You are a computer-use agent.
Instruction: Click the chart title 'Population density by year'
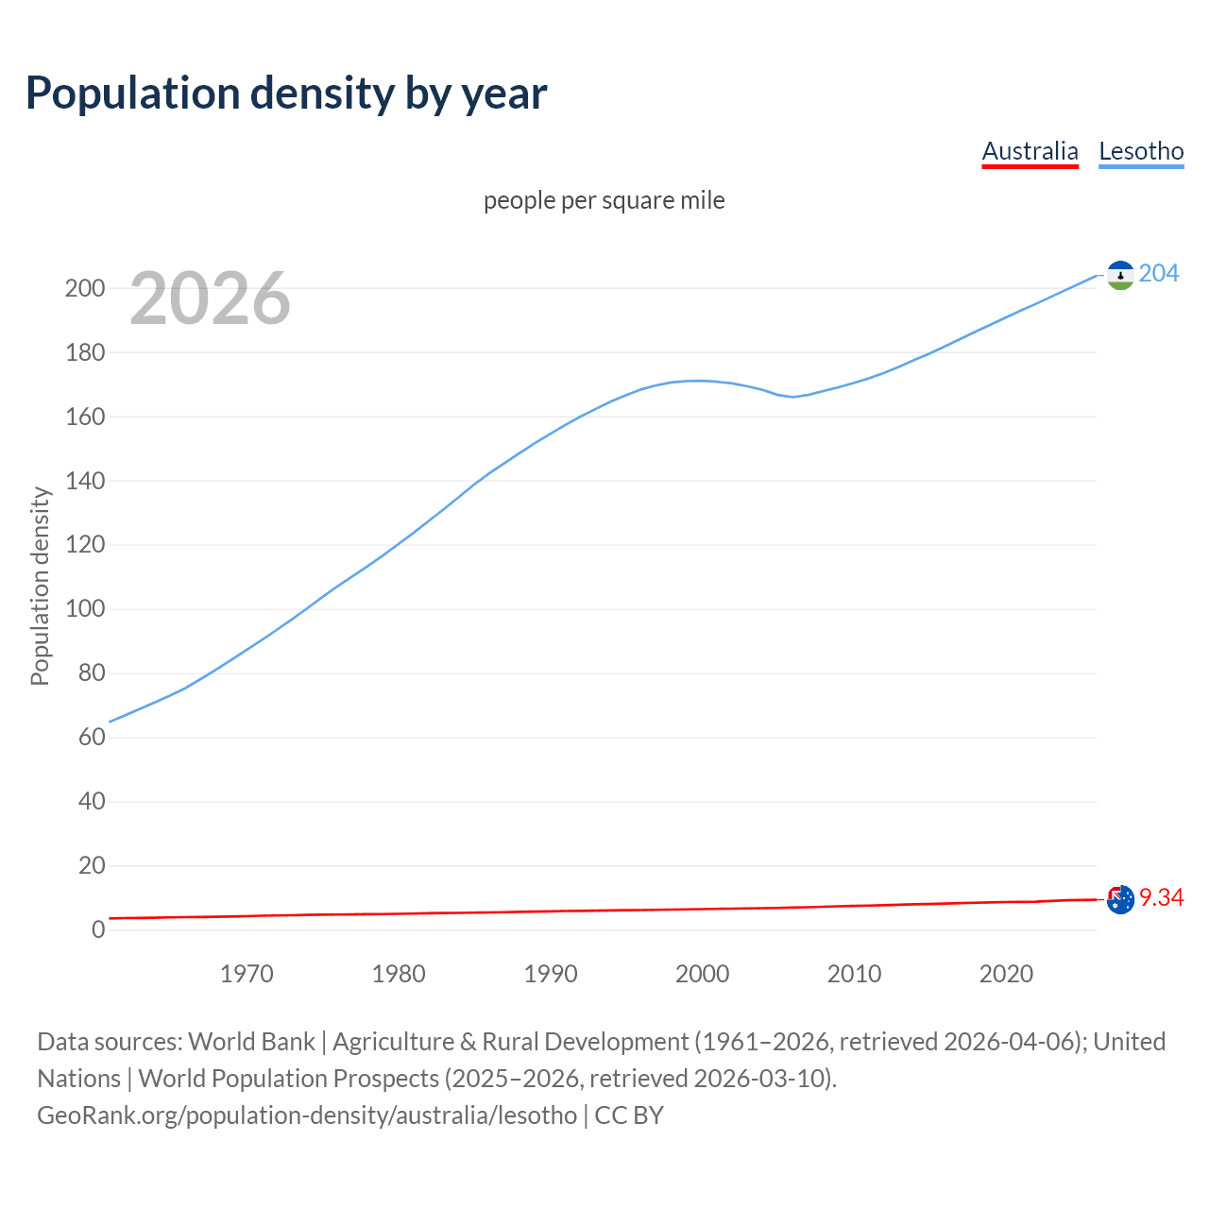pos(286,94)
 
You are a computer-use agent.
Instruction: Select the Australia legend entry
pos(1030,151)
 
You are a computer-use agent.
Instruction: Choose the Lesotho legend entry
pos(1141,151)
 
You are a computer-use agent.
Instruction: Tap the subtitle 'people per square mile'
pos(604,200)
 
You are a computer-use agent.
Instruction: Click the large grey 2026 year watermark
pos(210,298)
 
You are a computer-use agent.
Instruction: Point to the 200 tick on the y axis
pos(85,288)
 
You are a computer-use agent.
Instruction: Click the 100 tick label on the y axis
pos(85,609)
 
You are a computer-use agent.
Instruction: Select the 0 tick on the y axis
pos(98,929)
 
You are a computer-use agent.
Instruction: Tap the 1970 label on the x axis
pos(247,974)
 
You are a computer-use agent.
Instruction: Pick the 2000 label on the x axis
pos(702,974)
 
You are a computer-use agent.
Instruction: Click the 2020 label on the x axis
pos(1006,974)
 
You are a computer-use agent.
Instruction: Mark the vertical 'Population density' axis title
pos(40,586)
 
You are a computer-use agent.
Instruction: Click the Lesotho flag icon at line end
pos(1120,275)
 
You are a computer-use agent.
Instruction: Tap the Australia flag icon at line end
pos(1120,899)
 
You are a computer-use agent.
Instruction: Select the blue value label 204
pos(1159,274)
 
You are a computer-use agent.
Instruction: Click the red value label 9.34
pos(1162,897)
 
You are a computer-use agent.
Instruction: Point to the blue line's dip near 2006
pos(793,397)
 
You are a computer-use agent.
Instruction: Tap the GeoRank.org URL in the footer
pos(307,1115)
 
